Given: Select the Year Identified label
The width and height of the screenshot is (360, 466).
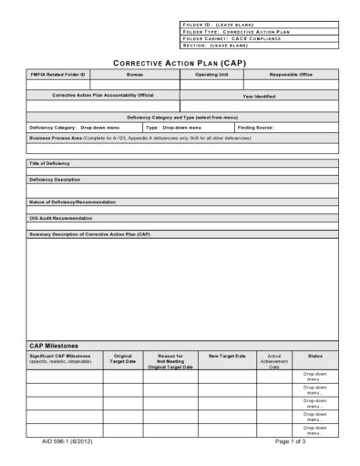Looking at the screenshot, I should tap(260, 95).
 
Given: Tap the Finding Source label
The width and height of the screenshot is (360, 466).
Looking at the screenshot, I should tap(256, 128).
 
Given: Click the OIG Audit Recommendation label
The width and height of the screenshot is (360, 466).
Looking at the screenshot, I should tap(65, 218).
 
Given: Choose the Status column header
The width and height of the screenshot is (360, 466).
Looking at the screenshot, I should tap(314, 356).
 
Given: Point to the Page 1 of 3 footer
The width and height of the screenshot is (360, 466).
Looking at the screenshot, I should tap(294, 440).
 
